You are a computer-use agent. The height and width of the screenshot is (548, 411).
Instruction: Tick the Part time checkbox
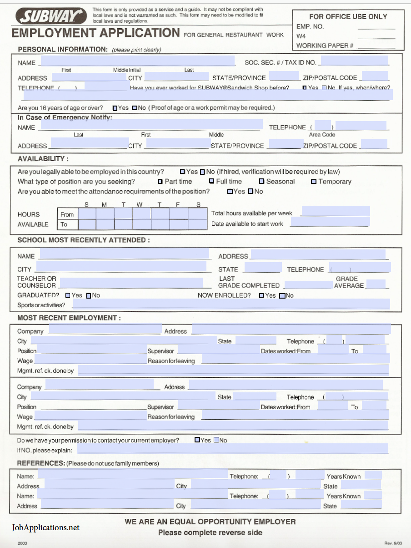160,182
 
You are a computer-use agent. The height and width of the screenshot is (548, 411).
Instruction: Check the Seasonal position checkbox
261,182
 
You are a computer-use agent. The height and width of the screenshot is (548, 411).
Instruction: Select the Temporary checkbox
314,182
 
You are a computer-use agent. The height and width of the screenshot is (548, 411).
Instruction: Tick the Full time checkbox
211,181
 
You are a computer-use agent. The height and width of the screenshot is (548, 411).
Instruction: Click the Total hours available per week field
335,211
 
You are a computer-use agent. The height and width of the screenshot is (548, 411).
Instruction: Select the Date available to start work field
329,222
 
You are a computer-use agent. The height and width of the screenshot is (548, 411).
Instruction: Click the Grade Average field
376,284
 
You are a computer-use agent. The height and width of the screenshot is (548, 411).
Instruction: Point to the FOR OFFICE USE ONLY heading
348,16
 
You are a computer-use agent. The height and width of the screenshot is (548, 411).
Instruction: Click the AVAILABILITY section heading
43,159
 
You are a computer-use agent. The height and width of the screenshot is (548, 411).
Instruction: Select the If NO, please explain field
233,449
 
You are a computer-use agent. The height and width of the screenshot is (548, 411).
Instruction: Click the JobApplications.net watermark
45,528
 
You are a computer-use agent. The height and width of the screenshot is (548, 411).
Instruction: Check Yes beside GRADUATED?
68,295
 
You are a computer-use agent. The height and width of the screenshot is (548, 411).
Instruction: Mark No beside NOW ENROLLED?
282,296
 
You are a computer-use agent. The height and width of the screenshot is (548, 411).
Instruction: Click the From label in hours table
67,214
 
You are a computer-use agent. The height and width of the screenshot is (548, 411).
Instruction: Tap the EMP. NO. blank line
376,27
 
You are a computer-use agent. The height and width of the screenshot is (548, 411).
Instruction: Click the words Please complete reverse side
210,533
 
